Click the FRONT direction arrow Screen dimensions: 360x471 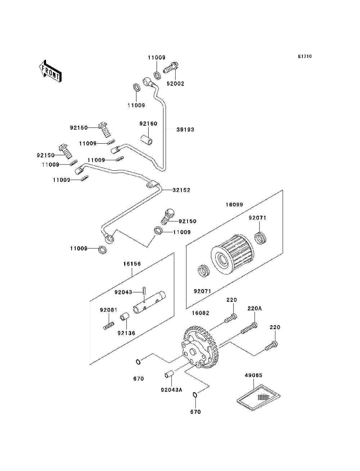50,71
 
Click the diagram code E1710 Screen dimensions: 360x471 305,57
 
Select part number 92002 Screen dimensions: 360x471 175,84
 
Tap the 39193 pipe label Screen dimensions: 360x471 185,130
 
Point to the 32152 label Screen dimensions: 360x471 181,190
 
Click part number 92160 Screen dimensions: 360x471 148,124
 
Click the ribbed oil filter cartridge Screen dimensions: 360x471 233,254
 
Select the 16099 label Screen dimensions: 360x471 234,205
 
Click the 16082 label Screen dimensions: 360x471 201,313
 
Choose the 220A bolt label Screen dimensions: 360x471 255,309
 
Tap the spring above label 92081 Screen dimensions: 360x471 109,326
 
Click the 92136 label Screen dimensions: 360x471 126,333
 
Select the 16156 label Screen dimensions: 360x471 132,264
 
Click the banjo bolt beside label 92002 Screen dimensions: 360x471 171,68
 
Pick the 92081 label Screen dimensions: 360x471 109,310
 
